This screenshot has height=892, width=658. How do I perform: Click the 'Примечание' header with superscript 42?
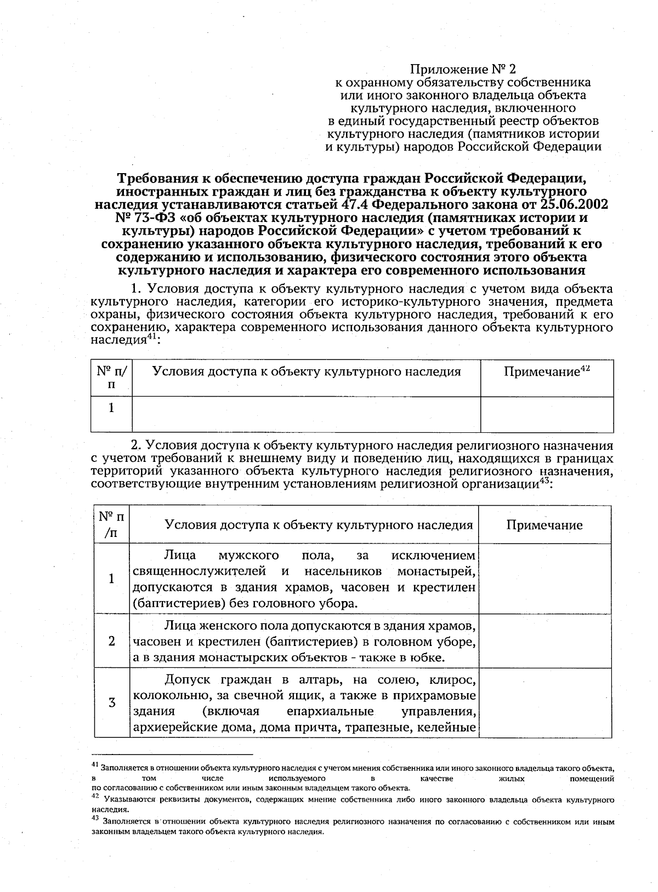point(546,372)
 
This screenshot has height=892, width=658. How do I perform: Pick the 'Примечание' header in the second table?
point(544,525)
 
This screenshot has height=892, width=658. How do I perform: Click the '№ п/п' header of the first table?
point(111,378)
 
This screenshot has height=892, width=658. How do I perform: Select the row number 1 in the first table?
point(111,408)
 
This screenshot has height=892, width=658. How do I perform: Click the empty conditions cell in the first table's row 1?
point(306,414)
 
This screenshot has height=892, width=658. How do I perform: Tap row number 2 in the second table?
point(112,641)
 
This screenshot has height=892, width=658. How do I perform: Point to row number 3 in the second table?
point(112,702)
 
